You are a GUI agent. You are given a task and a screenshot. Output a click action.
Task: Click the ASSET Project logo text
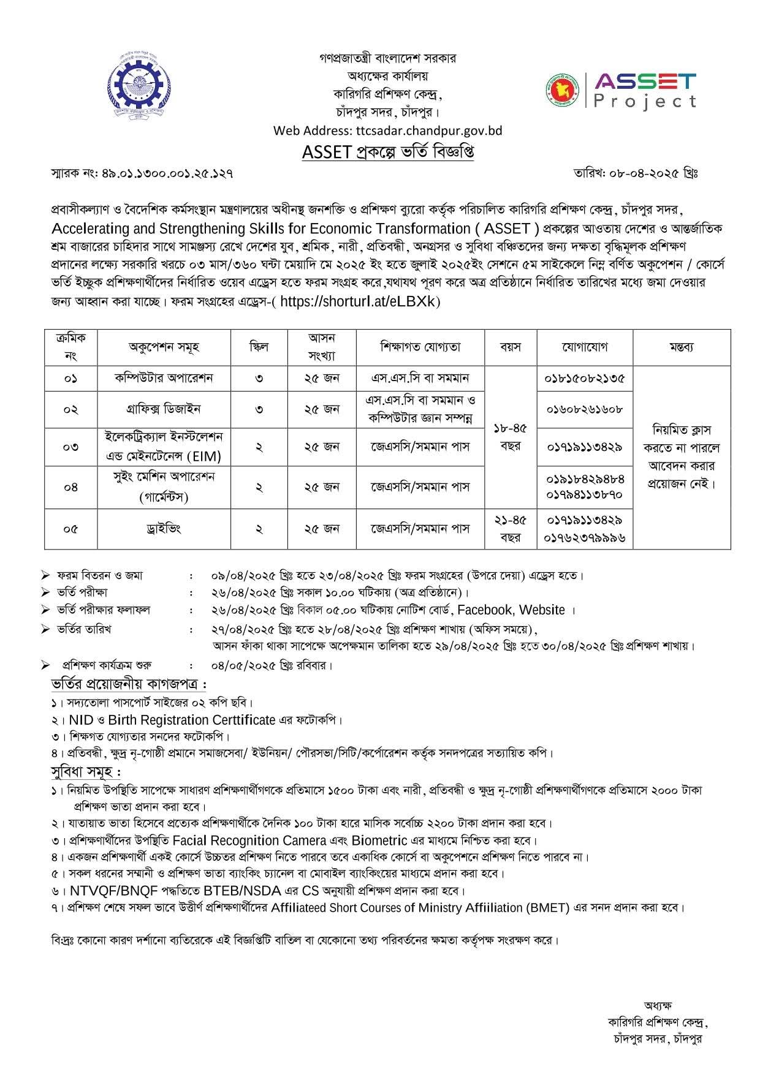pos(645,90)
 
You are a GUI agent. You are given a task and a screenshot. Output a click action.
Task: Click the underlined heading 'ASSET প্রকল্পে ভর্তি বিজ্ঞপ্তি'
pos(387,152)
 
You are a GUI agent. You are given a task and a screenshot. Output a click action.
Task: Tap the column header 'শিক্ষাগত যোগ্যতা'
pos(420,347)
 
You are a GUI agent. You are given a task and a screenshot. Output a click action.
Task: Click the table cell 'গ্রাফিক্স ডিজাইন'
pos(164,409)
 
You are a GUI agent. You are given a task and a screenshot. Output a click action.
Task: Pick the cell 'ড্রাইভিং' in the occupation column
pos(164,528)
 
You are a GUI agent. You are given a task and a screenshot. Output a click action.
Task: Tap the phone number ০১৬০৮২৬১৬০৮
pos(584,409)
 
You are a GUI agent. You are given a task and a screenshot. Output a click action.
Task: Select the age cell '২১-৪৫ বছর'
pos(510,528)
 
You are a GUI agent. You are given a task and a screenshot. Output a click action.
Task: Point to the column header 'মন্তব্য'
pos(681,347)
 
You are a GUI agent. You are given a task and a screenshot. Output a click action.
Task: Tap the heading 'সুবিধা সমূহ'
pos(85,771)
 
